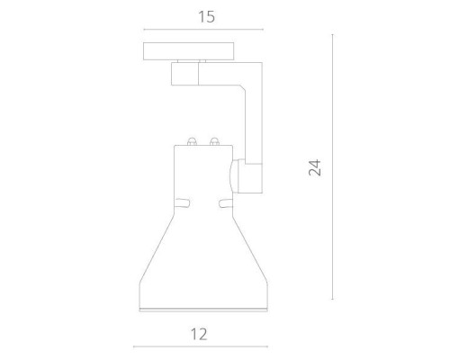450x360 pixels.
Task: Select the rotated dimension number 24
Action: click(315, 167)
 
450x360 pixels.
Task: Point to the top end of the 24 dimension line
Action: click(332, 35)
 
